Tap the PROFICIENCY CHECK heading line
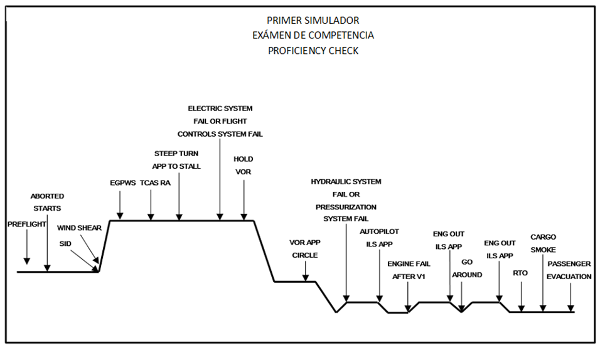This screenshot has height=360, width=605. coord(313,51)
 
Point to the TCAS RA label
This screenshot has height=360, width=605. coord(154,184)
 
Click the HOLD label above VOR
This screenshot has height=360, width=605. coord(244,159)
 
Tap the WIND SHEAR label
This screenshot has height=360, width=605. coord(79,228)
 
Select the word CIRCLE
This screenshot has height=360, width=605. coord(305,255)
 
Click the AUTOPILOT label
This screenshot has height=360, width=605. coord(379,231)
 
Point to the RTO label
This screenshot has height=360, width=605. coord(520,273)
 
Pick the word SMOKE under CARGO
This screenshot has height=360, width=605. coord(543,250)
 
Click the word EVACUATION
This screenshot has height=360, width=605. coord(569,276)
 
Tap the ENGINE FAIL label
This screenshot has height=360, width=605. coord(409,264)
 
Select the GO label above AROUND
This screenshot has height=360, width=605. coord(467,262)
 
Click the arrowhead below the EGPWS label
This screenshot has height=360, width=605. coord(119,216)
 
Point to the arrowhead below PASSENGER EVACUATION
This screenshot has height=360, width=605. coord(570,308)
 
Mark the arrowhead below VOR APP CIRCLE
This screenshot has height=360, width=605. coord(305,278)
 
